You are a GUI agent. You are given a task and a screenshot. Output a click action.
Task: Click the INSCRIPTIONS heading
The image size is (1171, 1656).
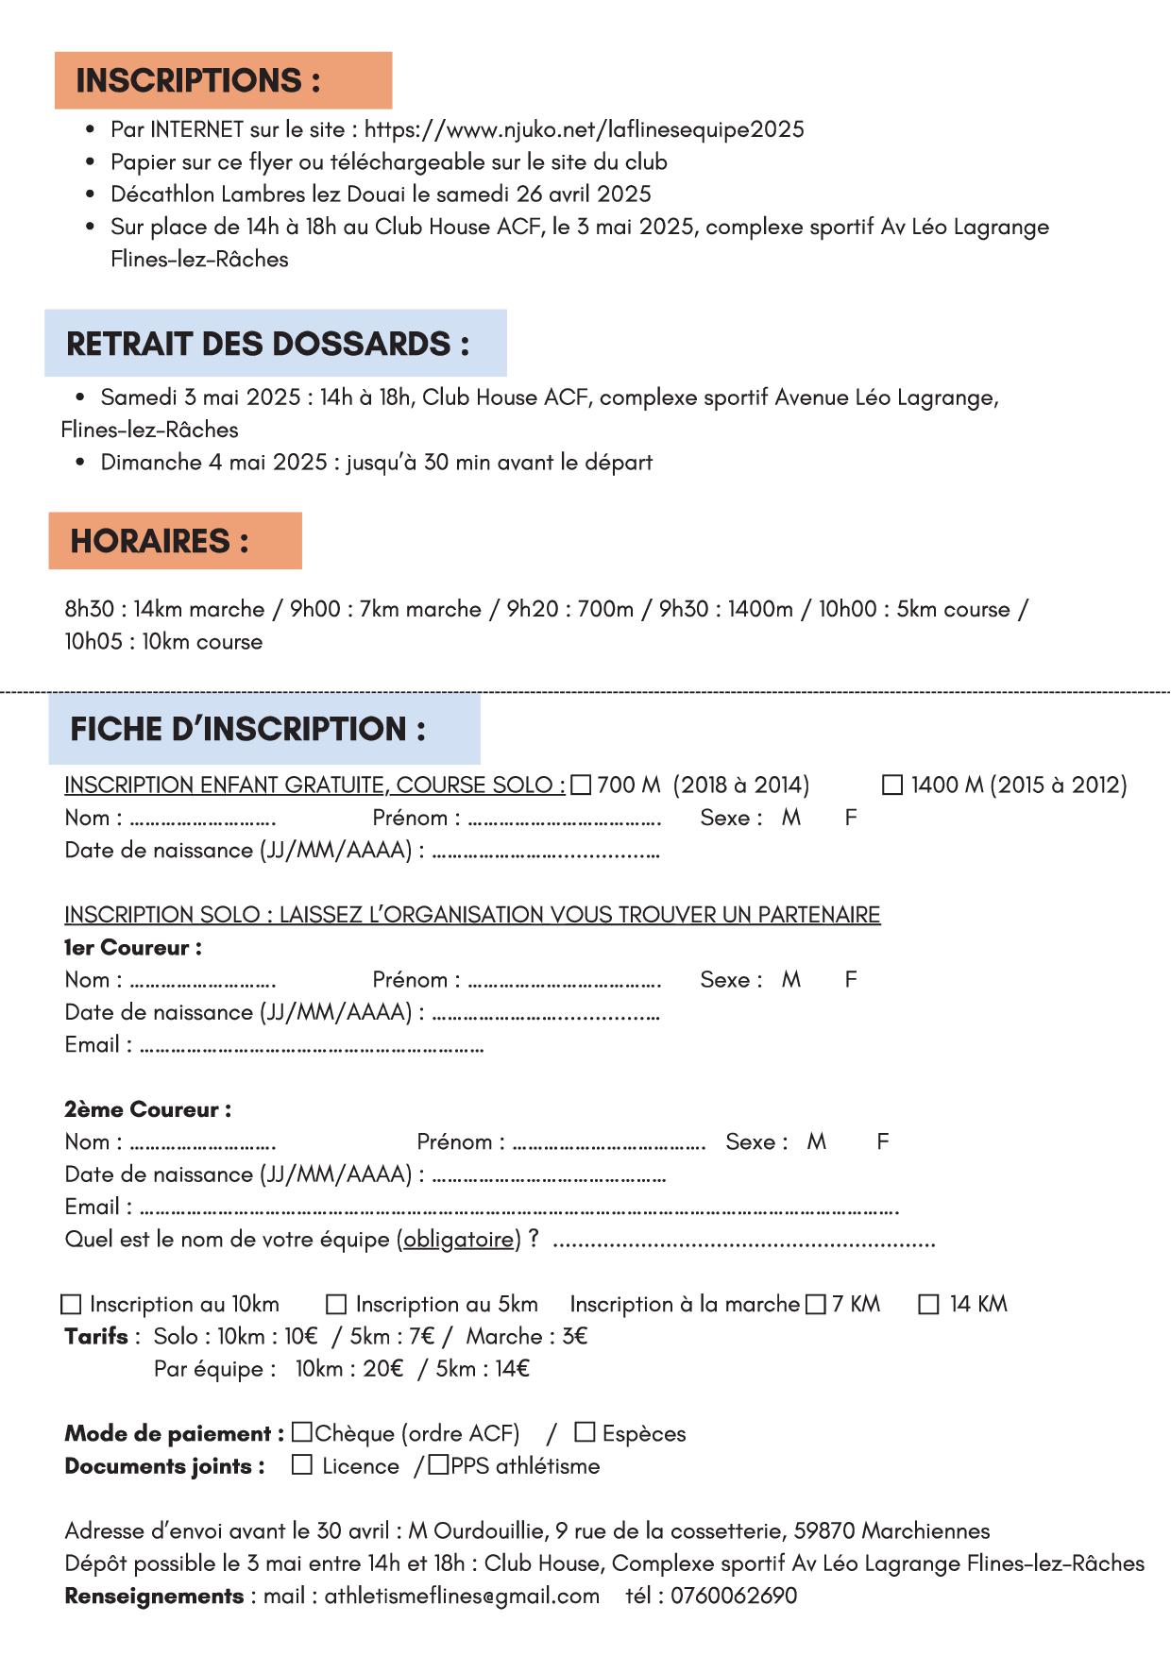coord(198,81)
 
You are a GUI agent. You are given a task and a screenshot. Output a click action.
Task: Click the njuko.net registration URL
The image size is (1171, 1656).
coord(584,129)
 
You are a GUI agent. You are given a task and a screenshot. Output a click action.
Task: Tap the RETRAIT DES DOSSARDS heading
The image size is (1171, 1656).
coord(267,344)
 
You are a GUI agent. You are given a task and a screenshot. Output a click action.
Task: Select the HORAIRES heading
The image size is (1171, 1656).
coord(160,541)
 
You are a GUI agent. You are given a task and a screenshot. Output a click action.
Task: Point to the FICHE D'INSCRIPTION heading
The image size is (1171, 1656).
coord(247,729)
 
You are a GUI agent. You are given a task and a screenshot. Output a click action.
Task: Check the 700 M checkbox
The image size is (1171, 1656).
coord(581,786)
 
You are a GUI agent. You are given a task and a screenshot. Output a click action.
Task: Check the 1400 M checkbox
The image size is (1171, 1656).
coord(891,786)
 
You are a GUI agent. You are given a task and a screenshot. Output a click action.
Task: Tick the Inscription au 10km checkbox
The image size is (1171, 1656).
coord(71,1305)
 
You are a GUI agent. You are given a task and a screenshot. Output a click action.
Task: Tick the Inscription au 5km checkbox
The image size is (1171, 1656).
coord(336,1305)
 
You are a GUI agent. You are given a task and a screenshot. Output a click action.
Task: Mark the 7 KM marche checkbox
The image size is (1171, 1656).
coord(816,1305)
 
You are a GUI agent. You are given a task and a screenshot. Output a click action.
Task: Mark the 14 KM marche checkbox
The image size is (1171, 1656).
coord(929,1305)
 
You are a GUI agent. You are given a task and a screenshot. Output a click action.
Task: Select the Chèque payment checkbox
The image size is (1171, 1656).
coord(302,1432)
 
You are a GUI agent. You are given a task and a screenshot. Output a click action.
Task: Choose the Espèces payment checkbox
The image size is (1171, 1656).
coord(585,1432)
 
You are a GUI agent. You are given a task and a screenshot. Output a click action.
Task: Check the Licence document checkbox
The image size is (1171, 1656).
coord(302,1465)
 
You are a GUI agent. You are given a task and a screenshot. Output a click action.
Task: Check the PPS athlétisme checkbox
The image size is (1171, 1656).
coord(438,1465)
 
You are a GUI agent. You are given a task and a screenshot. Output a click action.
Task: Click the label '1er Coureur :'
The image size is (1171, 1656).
coord(133,947)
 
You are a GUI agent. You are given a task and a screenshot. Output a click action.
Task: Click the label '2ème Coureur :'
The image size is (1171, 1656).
coord(147,1109)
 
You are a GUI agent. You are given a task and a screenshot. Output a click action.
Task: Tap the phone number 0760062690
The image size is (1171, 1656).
coord(734,1596)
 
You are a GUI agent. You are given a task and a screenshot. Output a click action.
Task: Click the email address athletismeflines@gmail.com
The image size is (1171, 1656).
coord(462,1596)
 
